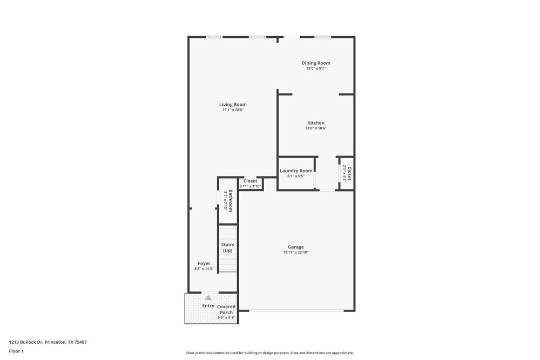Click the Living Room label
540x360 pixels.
click(233, 105)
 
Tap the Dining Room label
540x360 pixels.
click(316, 63)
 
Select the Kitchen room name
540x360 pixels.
click(316, 123)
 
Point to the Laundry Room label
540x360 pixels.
click(296, 171)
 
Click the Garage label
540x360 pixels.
click(295, 247)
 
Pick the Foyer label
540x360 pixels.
click(204, 263)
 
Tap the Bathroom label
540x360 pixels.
click(231, 200)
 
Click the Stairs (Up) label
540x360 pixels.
click(227, 248)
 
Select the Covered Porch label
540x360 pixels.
click(226, 309)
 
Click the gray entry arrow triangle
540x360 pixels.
click(208, 297)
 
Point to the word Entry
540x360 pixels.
click(208, 306)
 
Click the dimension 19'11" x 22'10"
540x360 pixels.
click(295, 253)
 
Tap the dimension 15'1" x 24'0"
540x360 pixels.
click(233, 110)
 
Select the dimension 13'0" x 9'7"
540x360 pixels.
click(316, 69)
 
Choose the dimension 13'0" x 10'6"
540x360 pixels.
click(316, 128)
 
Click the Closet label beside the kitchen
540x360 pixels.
click(349, 173)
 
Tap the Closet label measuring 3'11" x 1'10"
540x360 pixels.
click(250, 181)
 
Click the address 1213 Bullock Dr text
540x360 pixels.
click(48, 342)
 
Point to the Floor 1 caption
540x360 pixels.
click(16, 351)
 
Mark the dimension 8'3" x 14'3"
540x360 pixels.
click(204, 269)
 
